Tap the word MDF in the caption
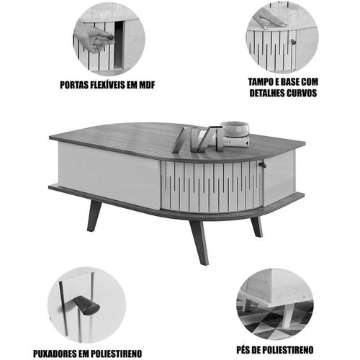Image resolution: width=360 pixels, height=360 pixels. click(x=147, y=85)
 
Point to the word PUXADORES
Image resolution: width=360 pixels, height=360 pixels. click(x=54, y=354)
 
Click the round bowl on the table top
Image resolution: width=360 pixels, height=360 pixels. click(x=235, y=128)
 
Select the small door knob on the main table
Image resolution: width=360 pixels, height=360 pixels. click(x=262, y=165)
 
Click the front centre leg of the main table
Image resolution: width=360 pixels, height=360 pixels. click(x=199, y=243)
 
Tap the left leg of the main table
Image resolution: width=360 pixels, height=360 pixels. click(x=94, y=215)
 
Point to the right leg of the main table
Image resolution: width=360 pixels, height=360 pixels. click(x=257, y=227)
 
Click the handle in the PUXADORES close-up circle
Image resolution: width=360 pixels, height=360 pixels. click(x=86, y=305)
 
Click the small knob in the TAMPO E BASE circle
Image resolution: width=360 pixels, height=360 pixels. click(x=293, y=42)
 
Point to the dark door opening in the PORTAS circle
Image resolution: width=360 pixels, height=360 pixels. click(x=119, y=45)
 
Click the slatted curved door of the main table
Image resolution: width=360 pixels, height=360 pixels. click(x=211, y=186)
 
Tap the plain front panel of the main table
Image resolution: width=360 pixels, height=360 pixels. click(x=109, y=175)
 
